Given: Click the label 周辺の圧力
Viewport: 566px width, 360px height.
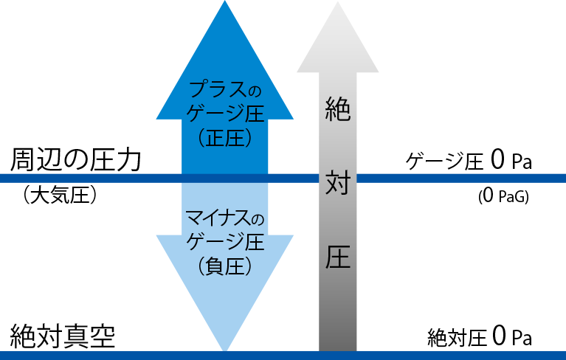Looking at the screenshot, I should [x=75, y=160].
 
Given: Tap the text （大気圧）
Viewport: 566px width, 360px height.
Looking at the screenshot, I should [x=61, y=196].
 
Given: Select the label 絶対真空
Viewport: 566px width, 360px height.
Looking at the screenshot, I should [x=63, y=336].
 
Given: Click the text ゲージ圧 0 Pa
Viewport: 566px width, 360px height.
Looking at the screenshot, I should [x=469, y=161].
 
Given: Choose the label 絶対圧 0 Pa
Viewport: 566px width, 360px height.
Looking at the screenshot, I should [x=480, y=338].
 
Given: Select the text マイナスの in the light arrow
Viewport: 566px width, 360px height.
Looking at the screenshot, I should [x=225, y=220].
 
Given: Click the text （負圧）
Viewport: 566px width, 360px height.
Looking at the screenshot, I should [x=225, y=266].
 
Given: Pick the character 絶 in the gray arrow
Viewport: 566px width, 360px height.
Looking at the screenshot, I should [x=337, y=111].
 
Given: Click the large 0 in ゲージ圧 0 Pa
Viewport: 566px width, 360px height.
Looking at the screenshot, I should [x=498, y=160].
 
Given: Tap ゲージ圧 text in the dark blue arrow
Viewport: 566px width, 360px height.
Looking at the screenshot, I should [x=225, y=114].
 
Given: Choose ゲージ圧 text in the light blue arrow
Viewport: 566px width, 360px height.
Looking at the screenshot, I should [x=225, y=243].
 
